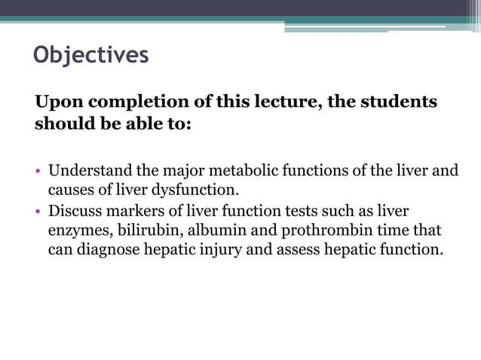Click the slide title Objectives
click(91, 55)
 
